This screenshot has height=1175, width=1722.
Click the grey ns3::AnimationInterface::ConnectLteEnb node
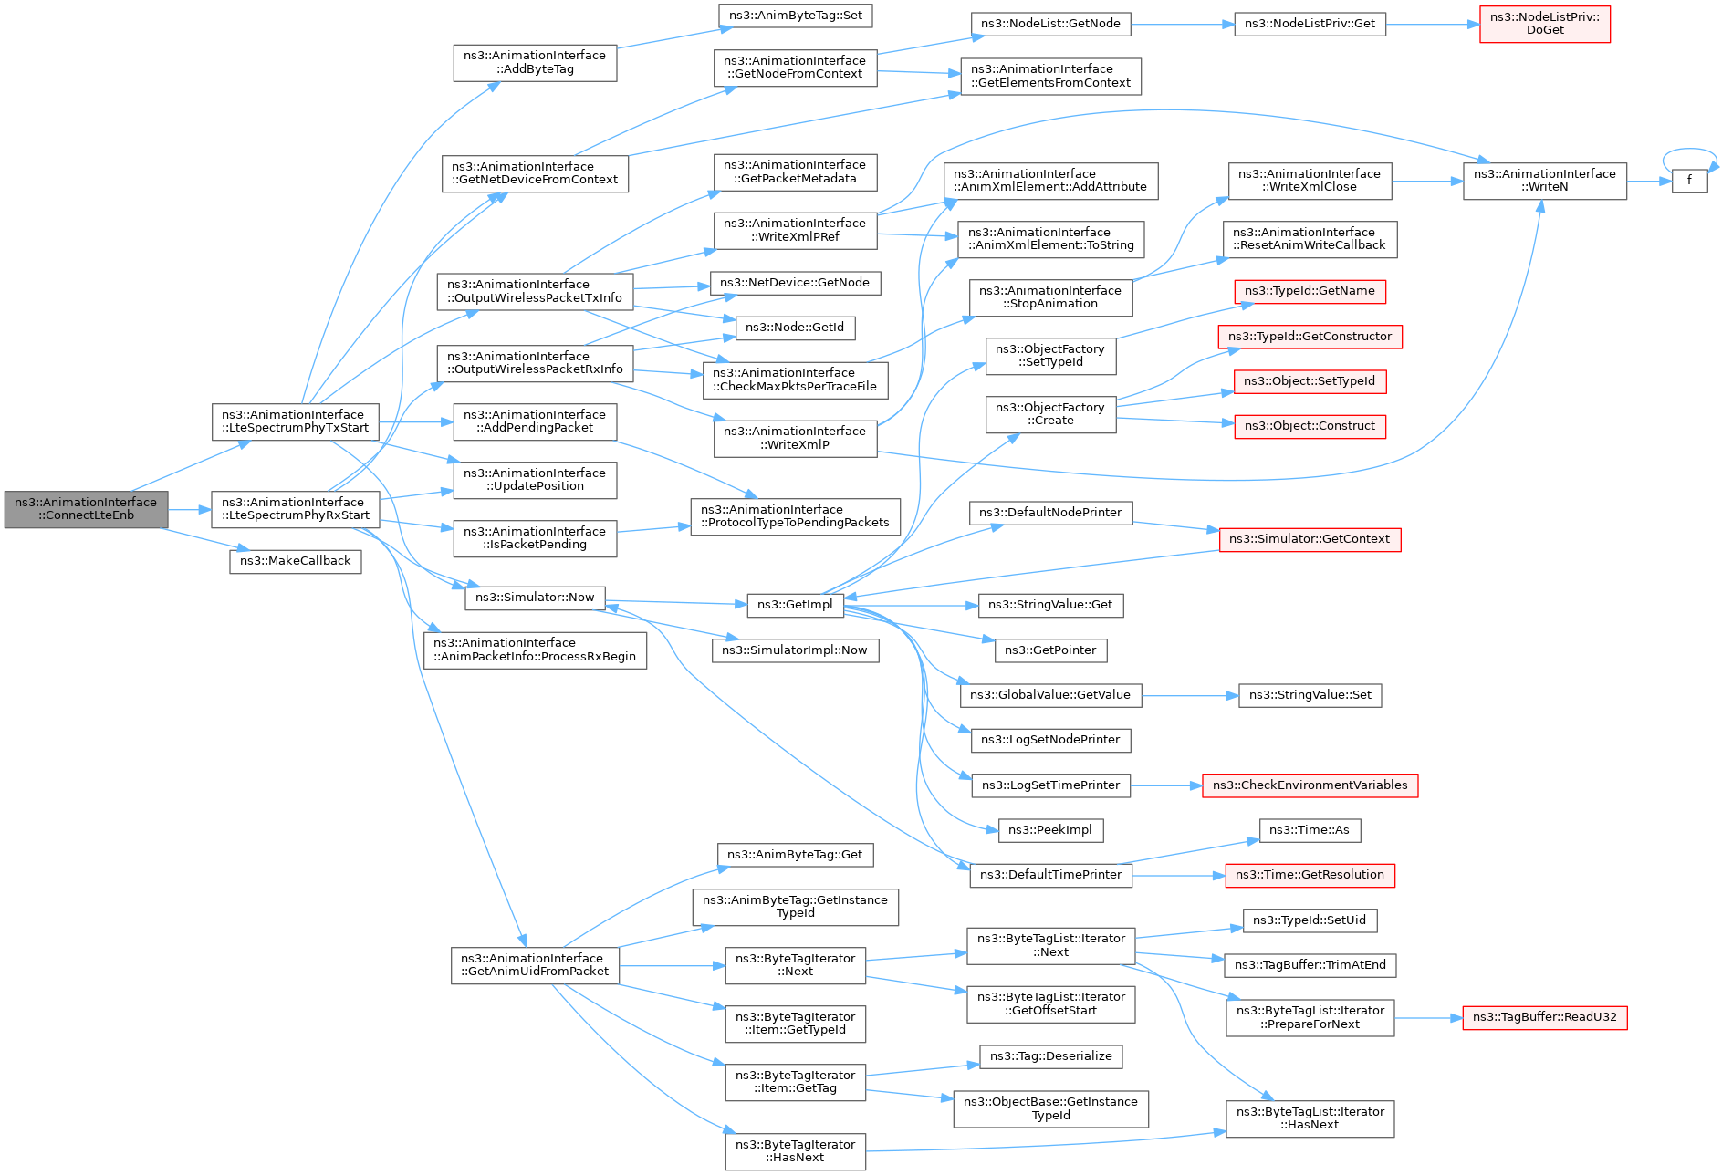[x=86, y=509]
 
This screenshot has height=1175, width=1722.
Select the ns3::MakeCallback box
[x=295, y=561]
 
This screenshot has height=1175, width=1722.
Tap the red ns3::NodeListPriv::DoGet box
[x=1544, y=24]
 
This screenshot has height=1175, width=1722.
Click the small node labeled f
[x=1689, y=181]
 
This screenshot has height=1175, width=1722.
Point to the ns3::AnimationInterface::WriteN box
[x=1544, y=181]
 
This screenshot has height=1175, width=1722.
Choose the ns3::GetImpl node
[x=795, y=605]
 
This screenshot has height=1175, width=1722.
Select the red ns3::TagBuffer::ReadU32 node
[x=1544, y=1017]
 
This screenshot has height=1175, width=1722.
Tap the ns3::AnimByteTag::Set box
[x=796, y=16]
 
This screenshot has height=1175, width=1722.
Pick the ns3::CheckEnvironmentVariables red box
[x=1310, y=785]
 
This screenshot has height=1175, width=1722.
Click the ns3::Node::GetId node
[x=795, y=328]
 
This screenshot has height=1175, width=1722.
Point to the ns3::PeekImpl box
[x=1049, y=830]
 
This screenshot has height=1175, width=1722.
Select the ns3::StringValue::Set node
[x=1310, y=695]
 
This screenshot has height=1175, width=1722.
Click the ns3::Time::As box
[x=1310, y=830]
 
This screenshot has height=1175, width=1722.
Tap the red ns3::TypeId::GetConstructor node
[x=1310, y=337]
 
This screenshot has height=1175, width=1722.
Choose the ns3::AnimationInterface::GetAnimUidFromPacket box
[x=535, y=965]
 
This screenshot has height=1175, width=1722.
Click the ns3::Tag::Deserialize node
[x=1050, y=1056]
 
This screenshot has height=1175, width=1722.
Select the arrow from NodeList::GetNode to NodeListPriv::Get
[x=1182, y=25]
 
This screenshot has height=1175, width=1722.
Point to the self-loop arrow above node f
[x=1689, y=151]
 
